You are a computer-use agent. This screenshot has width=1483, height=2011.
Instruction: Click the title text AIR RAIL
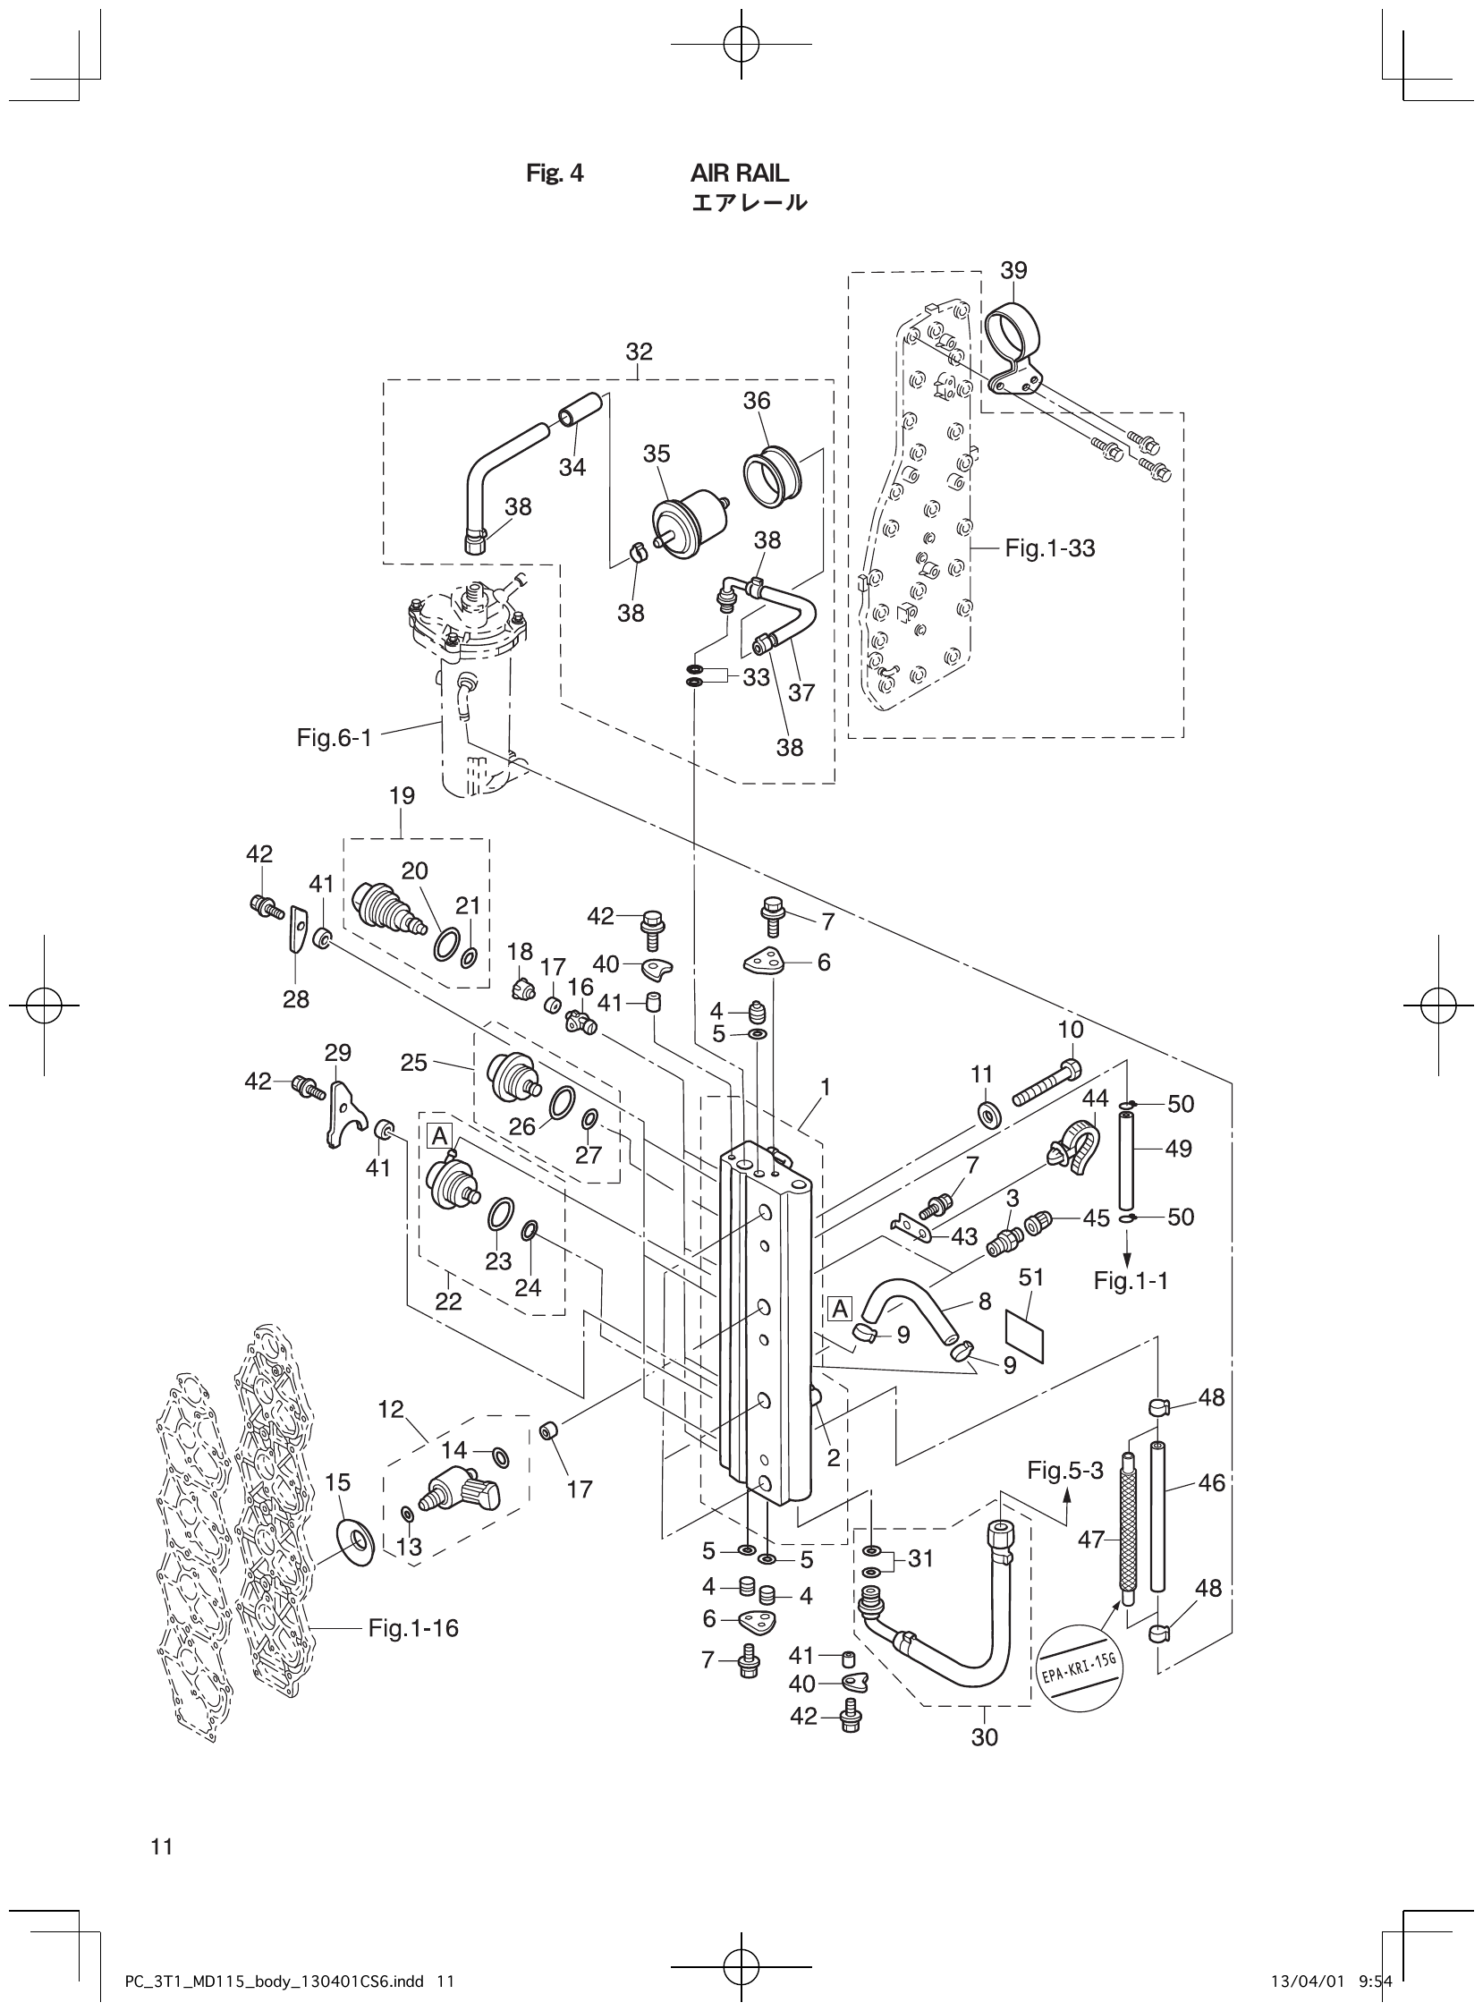[x=740, y=173]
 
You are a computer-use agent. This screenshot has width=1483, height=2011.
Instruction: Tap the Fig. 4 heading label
[x=554, y=174]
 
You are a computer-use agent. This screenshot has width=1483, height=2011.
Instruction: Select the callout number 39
[x=1013, y=270]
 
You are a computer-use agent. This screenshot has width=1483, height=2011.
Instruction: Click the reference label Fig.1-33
[x=1049, y=547]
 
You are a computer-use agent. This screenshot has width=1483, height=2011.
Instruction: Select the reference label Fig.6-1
[x=334, y=738]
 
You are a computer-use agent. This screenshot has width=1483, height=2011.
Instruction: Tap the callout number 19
[x=402, y=795]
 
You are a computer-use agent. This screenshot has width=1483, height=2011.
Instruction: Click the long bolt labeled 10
[x=1047, y=1083]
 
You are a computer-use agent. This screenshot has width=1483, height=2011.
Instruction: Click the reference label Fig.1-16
[x=413, y=1627]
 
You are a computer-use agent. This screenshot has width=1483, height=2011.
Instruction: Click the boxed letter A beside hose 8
[x=839, y=1309]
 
